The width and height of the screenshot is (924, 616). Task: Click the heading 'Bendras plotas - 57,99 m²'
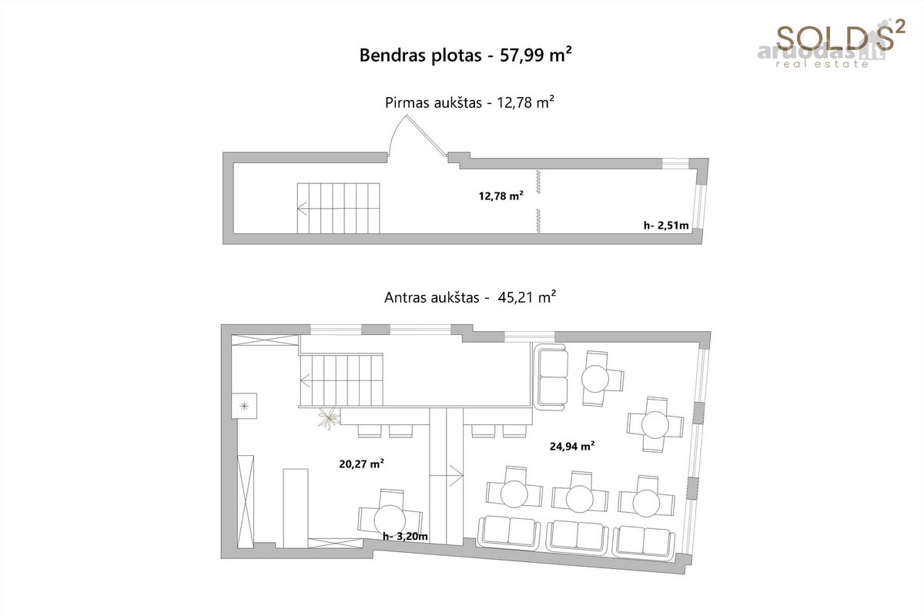(x=465, y=55)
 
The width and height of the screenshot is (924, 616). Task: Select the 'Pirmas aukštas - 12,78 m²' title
(x=470, y=102)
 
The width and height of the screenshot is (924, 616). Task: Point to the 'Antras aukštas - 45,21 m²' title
(x=470, y=297)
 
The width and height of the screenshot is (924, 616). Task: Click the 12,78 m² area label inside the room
(x=500, y=196)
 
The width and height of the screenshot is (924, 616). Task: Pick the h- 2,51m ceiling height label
(x=666, y=226)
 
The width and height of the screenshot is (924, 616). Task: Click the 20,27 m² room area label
(x=361, y=464)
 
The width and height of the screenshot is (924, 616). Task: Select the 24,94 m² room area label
(x=572, y=446)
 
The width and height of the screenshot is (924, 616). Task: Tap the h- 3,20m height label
(x=405, y=537)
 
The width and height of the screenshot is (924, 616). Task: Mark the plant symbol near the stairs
(x=329, y=418)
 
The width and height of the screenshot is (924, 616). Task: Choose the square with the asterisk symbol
(x=244, y=406)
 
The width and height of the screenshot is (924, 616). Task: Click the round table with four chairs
(x=655, y=424)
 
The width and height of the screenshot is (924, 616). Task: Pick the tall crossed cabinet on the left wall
(x=246, y=502)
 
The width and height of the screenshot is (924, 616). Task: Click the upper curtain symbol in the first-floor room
(x=538, y=182)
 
